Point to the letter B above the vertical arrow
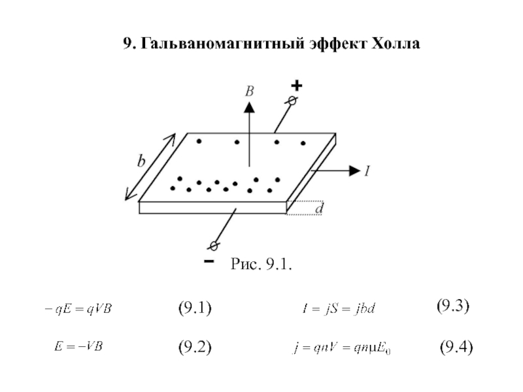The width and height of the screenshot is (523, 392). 249,93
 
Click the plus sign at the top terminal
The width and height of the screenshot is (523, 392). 297,86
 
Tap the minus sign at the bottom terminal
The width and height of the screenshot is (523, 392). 208,261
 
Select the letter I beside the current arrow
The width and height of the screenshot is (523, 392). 367,171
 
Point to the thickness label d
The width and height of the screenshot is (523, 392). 319,208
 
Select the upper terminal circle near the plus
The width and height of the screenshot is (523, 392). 292,101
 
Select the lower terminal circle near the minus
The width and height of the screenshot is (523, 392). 213,246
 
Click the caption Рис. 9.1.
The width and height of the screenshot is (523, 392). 261,264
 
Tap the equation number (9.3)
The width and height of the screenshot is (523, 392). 453,306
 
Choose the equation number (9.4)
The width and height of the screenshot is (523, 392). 456,347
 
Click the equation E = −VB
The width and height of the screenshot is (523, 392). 76,347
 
